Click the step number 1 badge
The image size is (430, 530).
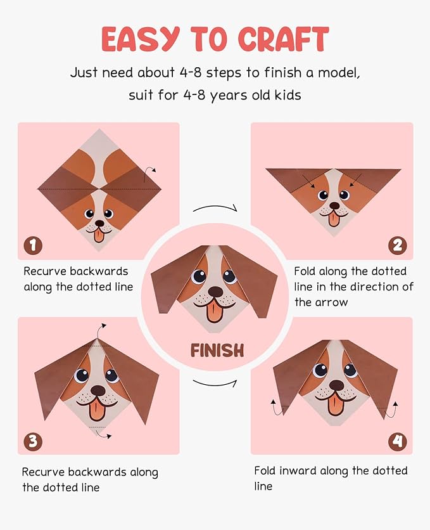pos(33,245)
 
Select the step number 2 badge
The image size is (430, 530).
pos(397,245)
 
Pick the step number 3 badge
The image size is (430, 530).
pos(33,441)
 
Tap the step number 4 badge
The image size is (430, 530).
pos(397,441)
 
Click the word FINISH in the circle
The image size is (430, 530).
pos(217,351)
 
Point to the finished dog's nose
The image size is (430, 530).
pos(216,292)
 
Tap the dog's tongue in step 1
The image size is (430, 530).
pos(99,235)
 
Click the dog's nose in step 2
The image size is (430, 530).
pos(334,205)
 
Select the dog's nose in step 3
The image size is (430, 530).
pos(99,391)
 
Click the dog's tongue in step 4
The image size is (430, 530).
pos(334,404)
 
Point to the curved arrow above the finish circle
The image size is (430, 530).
pos(215,206)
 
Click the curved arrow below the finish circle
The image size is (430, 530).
pos(215,384)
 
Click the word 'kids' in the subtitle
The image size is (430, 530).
pos(288,95)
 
